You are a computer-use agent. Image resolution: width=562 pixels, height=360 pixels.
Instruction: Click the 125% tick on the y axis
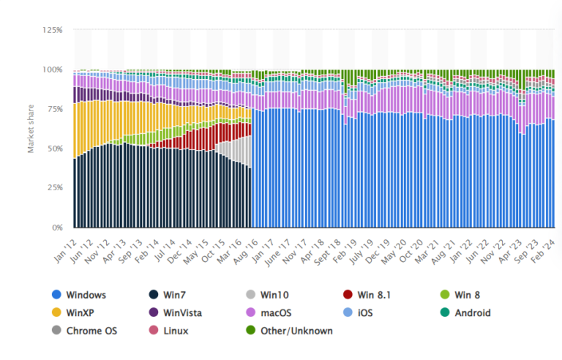[52, 30]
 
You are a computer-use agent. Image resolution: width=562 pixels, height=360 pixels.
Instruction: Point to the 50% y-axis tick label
[54, 149]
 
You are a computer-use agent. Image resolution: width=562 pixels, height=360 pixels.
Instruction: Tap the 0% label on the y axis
[57, 228]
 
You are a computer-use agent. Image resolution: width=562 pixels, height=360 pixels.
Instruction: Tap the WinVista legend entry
[181, 312]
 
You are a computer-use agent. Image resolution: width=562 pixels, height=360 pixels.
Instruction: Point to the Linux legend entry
[176, 331]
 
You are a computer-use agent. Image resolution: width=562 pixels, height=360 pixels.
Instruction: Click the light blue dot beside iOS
[348, 312]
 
